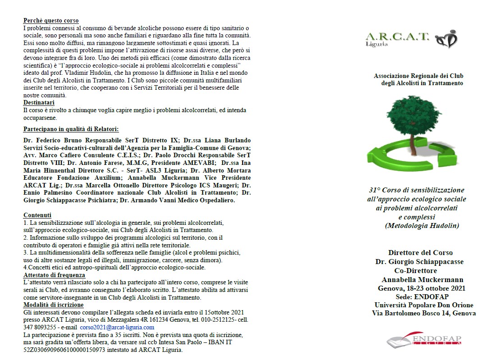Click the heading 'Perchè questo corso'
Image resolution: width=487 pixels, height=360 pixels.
(51, 21)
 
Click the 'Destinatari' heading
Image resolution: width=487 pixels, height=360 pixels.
(39, 103)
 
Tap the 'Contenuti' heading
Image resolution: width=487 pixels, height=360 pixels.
(37, 215)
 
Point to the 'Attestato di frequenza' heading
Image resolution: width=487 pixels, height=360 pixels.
(54, 275)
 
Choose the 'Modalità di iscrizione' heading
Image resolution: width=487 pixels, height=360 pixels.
(53, 305)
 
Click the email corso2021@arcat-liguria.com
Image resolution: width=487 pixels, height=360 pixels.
(117, 328)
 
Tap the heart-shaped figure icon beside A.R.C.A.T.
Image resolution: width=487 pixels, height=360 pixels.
(447, 39)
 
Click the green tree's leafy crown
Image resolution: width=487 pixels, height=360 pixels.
(415, 115)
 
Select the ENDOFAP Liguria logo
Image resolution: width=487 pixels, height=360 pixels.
(424, 339)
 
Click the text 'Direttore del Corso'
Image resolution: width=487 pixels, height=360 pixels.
(420, 253)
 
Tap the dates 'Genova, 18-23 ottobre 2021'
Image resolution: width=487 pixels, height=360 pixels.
(422, 288)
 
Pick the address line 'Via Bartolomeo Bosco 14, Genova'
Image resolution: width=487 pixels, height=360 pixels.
(424, 314)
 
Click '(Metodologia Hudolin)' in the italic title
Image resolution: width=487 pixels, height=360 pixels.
(422, 226)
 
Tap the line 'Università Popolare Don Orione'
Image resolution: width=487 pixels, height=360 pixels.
(423, 305)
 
